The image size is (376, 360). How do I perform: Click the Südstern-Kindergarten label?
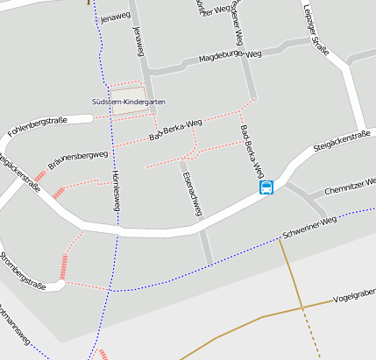pyautogui.click(x=129, y=102)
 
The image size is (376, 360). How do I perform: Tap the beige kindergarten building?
pyautogui.click(x=128, y=90)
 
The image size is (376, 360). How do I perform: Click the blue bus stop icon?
pyautogui.click(x=266, y=187)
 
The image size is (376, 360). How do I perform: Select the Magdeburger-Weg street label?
pyautogui.click(x=231, y=56)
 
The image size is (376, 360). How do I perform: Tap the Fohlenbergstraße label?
pyautogui.click(x=37, y=126)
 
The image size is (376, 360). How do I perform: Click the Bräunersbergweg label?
pyautogui.click(x=78, y=159)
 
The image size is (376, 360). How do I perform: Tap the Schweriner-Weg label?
pyautogui.click(x=309, y=228)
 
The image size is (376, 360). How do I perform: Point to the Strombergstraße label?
pyautogui.click(x=23, y=271)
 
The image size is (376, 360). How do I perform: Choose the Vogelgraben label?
pyautogui.click(x=354, y=295)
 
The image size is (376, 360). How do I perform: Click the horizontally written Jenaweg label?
pyautogui.click(x=115, y=17)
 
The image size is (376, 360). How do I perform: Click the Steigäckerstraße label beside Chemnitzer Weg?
pyautogui.click(x=343, y=139)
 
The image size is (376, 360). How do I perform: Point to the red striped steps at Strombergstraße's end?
pyautogui.click(x=63, y=265)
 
